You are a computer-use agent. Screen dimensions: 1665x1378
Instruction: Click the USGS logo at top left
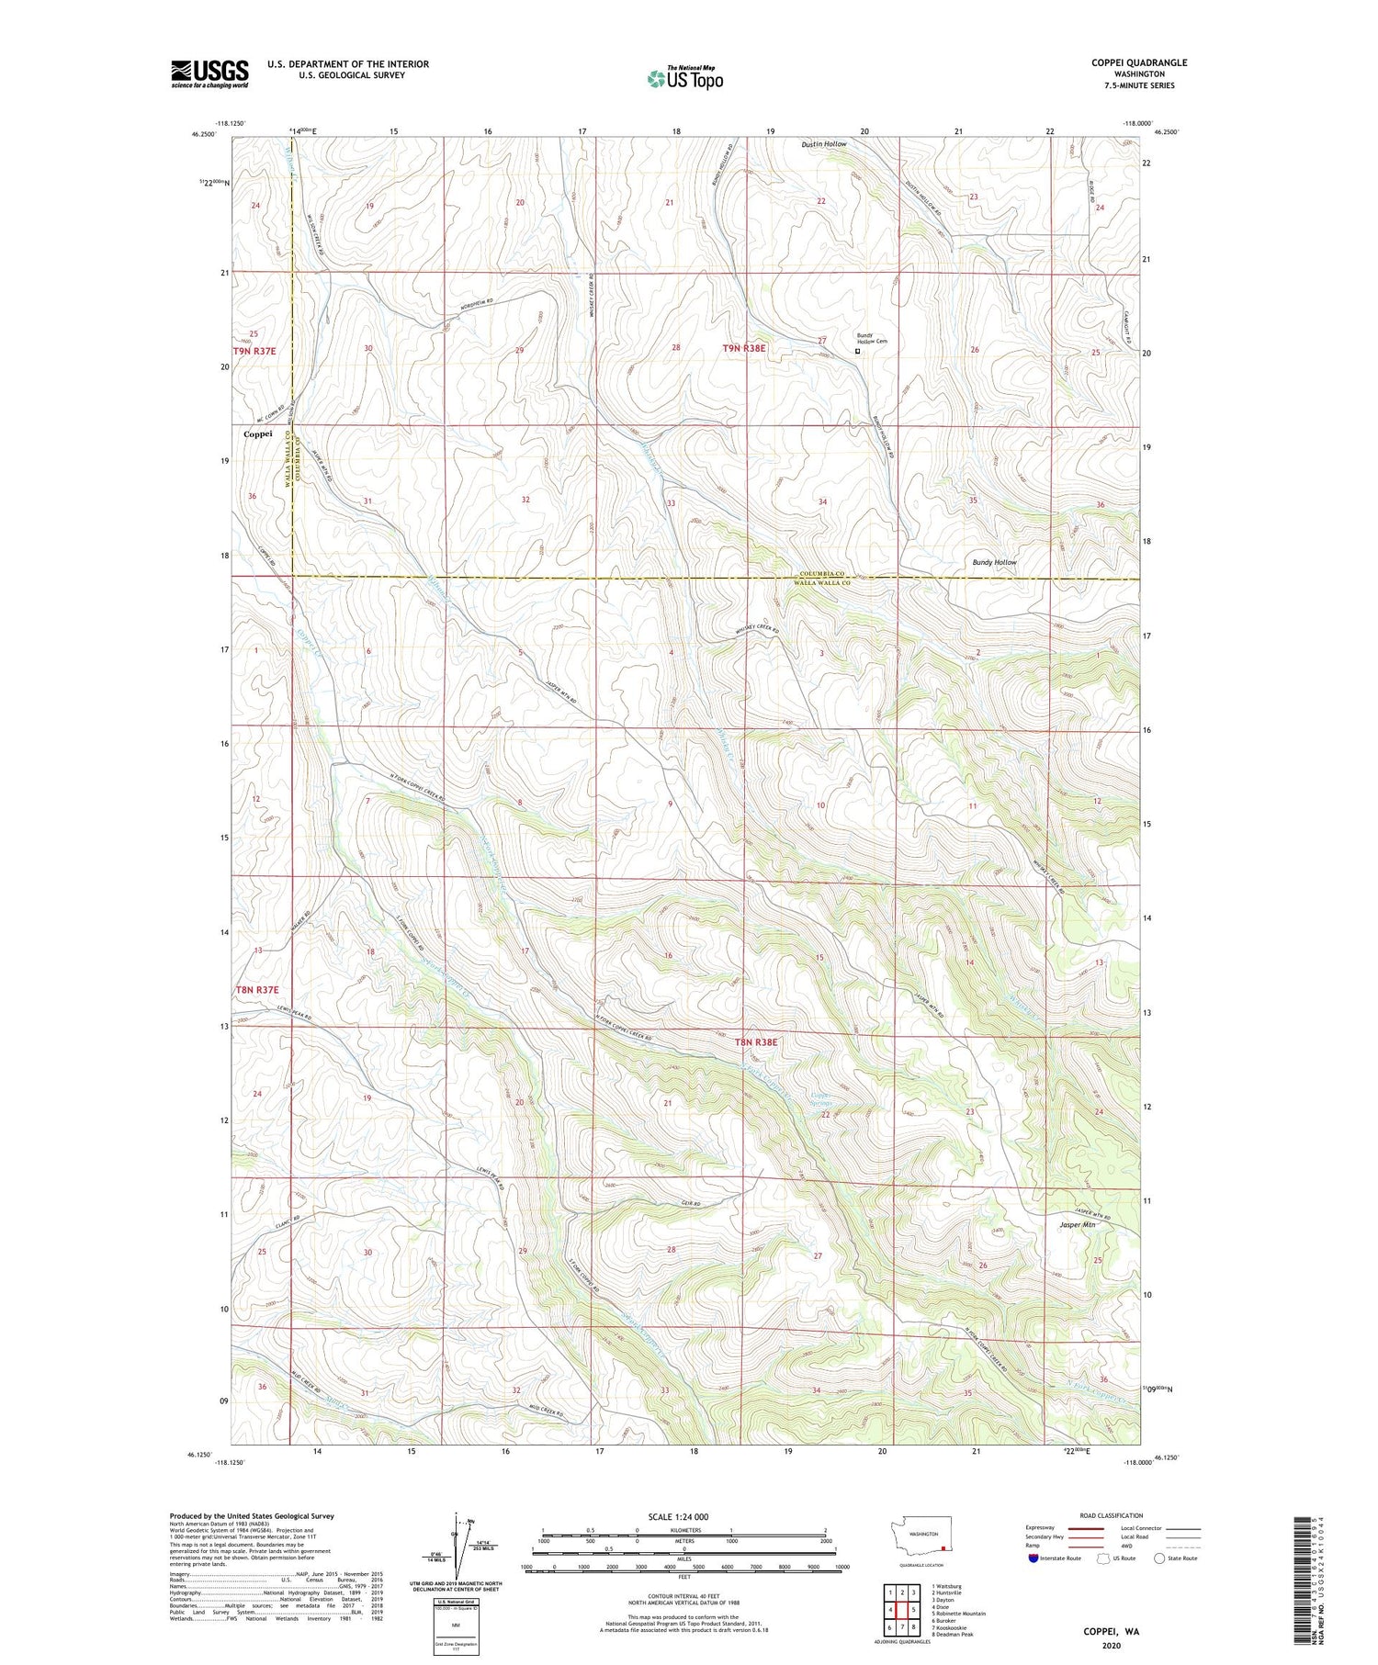tap(209, 73)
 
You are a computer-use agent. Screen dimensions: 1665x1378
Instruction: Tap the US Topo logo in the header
tap(684, 79)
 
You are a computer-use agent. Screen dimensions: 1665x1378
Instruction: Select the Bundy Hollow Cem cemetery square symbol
tap(858, 351)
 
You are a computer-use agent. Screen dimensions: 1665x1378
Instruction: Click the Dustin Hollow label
tap(823, 144)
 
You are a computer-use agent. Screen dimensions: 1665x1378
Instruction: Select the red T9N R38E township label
tap(743, 348)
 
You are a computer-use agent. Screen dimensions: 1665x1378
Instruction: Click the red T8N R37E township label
tap(256, 990)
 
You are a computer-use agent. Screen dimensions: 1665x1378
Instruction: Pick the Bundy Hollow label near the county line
tap(994, 562)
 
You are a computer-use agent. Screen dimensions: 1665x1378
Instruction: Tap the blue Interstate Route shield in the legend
tap(1033, 1558)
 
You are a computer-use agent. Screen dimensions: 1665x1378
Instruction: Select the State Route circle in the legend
tap(1159, 1558)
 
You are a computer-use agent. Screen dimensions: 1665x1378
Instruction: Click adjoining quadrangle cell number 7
tap(901, 1628)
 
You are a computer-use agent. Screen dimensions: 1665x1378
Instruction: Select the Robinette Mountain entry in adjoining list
tap(959, 1614)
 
